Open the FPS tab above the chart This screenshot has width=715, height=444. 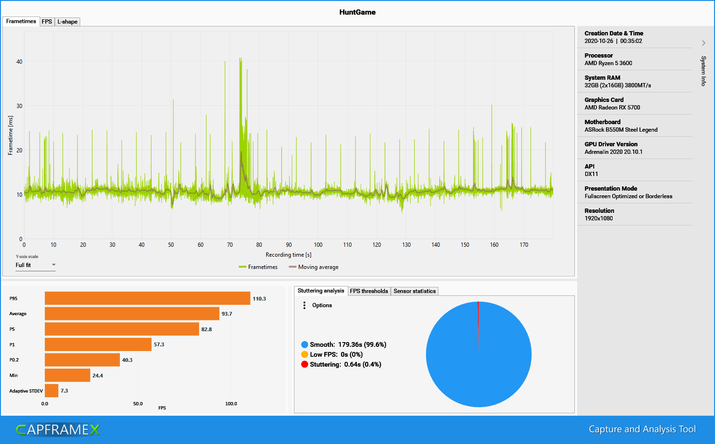pos(47,22)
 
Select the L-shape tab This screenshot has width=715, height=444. pos(67,22)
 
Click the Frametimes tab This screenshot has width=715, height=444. pos(21,21)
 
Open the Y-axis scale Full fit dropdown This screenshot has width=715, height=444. pos(35,265)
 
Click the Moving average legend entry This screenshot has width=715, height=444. pos(313,267)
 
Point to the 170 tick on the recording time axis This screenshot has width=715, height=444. pos(524,245)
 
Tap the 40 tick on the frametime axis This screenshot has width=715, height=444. pos(19,62)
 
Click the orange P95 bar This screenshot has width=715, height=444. pos(147,298)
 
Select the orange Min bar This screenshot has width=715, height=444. pos(67,376)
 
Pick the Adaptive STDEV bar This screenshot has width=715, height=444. pos(51,391)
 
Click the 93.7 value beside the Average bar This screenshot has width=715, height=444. pos(227,314)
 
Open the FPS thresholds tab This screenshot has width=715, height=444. pos(369,291)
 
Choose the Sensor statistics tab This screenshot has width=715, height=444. pos(414,291)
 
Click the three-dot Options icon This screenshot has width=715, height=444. pos(304,305)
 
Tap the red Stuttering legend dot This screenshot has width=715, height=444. pos(304,364)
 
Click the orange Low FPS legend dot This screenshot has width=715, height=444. pos(304,354)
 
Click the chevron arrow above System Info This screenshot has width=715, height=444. pos(704,43)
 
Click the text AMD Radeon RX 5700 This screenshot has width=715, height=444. pos(612,108)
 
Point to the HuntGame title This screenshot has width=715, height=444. pos(357,12)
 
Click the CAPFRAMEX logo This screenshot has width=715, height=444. pos(58,430)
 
